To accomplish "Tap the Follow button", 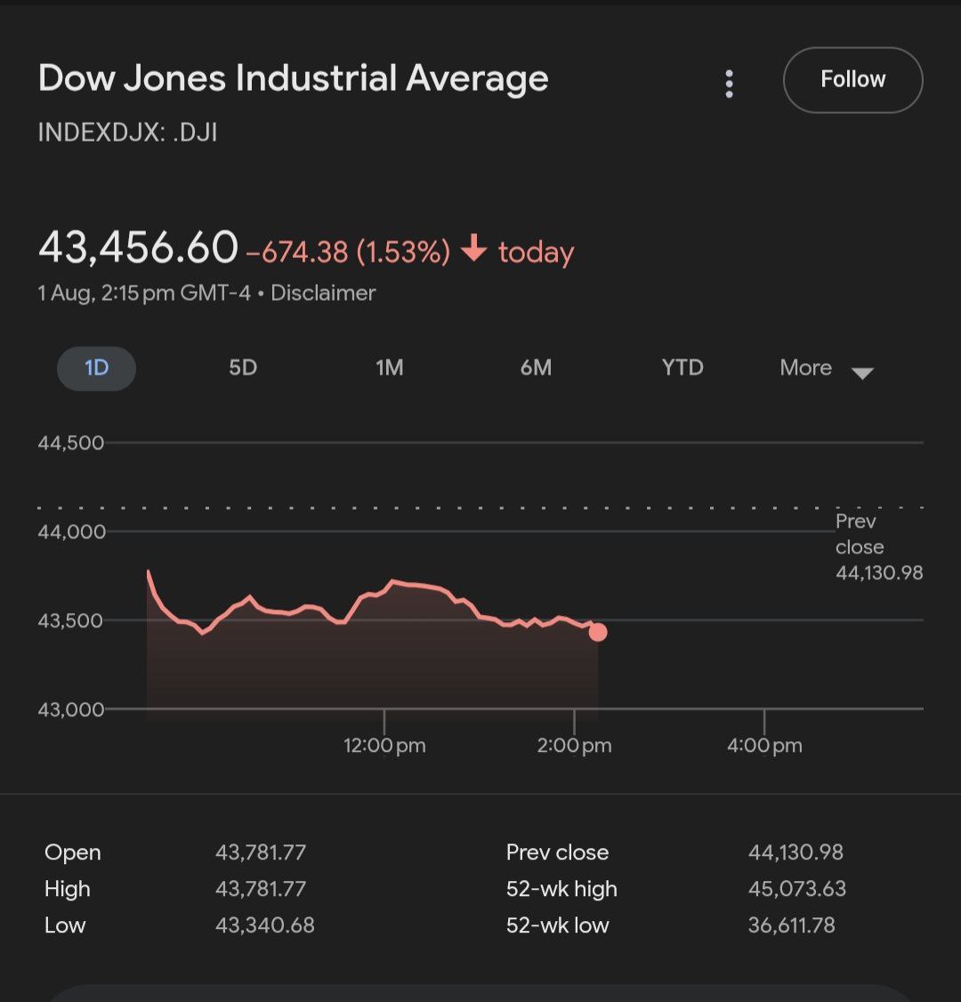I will coord(852,80).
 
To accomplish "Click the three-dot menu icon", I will coord(730,84).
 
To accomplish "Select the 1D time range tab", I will coord(96,368).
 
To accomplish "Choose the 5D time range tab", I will coord(243,368).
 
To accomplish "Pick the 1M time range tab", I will coord(389,368).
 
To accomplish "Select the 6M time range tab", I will coord(536,368).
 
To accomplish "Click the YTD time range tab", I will coord(682,368).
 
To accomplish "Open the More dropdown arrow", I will coord(862,373).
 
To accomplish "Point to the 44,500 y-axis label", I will coord(71,443).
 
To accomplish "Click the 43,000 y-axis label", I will coord(71,710).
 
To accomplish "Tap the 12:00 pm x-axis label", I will coord(384,746).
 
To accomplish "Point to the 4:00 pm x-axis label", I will coord(764,746).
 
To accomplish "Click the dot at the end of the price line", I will coord(598,632).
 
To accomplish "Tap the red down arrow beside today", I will coord(474,250).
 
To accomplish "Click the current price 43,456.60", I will coord(139,247).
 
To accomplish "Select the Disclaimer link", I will coord(323,293).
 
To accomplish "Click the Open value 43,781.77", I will coord(261,853).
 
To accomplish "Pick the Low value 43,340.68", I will coord(265,925).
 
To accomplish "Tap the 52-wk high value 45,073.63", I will coord(797,889).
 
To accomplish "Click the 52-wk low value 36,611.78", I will coord(792,925).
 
